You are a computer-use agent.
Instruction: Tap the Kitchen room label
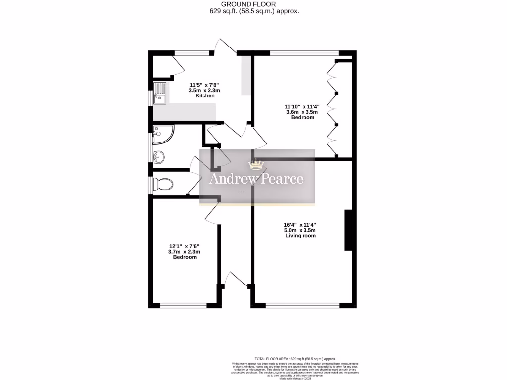205,95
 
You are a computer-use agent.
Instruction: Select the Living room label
301,236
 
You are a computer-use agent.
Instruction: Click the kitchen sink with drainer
160,94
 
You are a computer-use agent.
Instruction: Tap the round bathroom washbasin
159,157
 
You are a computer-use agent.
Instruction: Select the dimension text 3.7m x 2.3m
184,252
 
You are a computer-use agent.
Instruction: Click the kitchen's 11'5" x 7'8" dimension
205,85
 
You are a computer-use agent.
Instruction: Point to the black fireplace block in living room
348,231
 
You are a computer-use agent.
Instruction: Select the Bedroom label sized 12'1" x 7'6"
184,257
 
